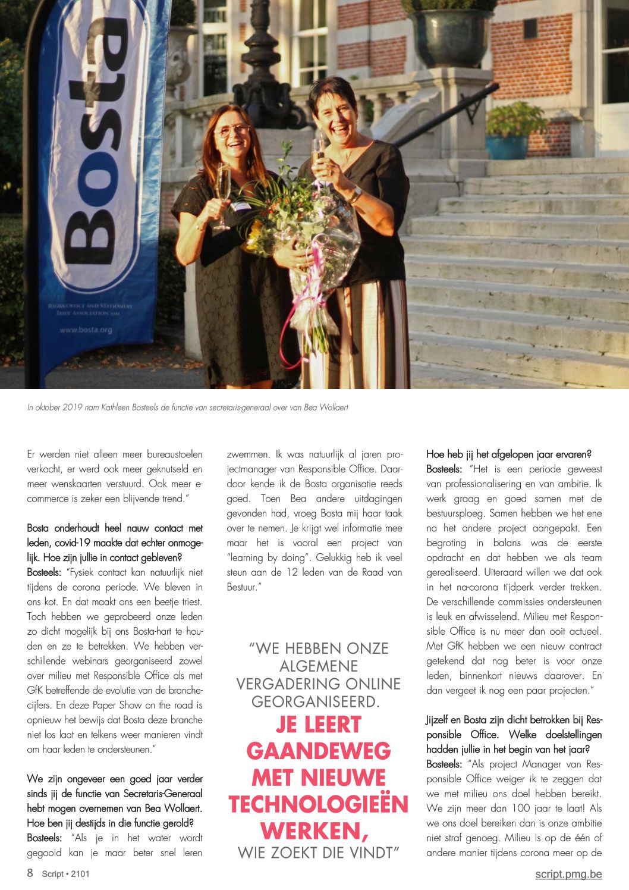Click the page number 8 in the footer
tap(30, 873)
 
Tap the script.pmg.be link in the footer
tap(568, 874)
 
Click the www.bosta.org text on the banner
tap(86, 330)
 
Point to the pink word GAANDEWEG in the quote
tap(318, 751)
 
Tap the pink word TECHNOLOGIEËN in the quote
tap(318, 804)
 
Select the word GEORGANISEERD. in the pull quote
tap(316, 701)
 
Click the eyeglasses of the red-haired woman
tap(232, 131)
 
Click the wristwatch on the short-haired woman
tap(356, 193)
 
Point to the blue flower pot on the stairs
tap(507, 146)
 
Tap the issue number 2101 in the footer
tap(80, 874)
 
